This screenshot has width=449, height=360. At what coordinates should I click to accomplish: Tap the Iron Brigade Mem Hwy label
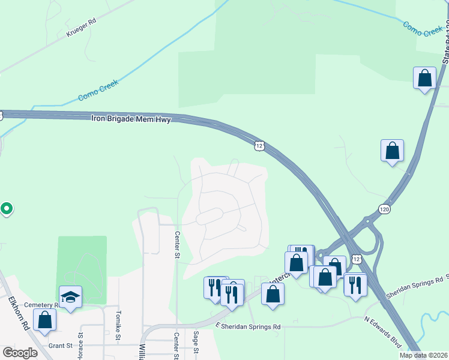pyautogui.click(x=131, y=119)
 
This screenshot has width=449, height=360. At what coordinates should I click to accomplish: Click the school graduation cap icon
pyautogui.click(x=71, y=296)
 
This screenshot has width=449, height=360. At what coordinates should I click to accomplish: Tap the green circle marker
pyautogui.click(x=7, y=209)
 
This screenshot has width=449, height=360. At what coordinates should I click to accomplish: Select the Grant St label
pyautogui.click(x=61, y=346)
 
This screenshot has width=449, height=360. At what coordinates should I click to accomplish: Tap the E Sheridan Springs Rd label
pyautogui.click(x=248, y=326)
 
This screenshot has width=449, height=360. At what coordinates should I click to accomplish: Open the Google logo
pyautogui.click(x=20, y=353)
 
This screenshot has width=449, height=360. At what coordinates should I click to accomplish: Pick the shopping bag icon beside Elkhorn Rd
pyautogui.click(x=44, y=319)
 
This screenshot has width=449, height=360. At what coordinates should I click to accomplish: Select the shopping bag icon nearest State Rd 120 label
pyautogui.click(x=424, y=78)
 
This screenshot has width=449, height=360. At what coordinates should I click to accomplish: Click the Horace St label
pyautogui.click(x=80, y=346)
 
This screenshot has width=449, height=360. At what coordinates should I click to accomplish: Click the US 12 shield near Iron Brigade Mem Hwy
pyautogui.click(x=259, y=146)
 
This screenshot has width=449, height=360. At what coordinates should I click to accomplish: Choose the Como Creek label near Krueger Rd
pyautogui.click(x=98, y=89)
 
